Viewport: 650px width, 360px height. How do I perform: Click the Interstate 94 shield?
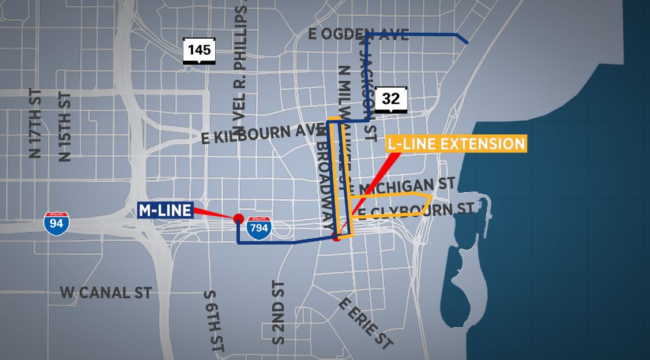coord(57,222)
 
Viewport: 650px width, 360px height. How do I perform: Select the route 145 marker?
coord(199,50)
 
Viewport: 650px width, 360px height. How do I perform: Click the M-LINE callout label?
coord(164,211)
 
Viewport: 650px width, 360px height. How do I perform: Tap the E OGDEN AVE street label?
coord(359,35)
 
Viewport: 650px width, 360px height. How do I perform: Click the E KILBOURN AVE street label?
coord(260,134)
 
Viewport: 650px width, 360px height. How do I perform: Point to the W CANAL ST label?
coord(106,292)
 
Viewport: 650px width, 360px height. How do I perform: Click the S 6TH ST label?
coord(214,322)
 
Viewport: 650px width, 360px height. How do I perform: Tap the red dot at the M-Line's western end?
coord(237,219)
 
